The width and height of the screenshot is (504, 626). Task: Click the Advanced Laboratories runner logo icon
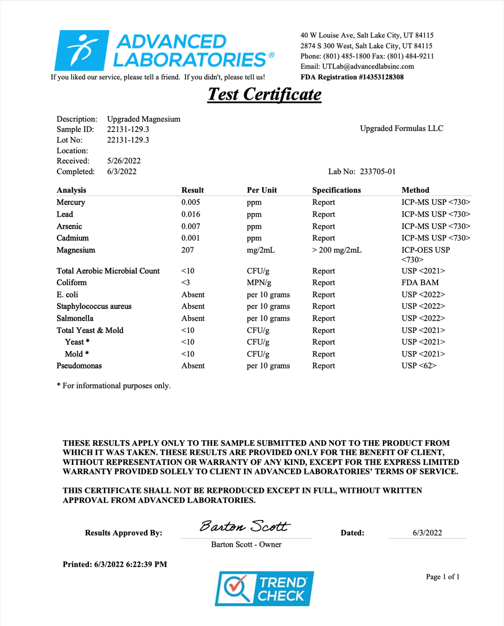point(81,50)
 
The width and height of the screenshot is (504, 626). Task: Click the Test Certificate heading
point(264,94)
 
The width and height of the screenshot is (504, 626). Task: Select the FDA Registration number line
point(352,77)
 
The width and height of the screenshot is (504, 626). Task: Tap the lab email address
point(368,66)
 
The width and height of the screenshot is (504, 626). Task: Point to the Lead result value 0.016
point(190,214)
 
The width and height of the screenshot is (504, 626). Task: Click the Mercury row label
point(71,202)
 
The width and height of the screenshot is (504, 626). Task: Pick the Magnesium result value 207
point(188,250)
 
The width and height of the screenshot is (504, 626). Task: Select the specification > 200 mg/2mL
point(337,250)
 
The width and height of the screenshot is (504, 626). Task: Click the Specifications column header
point(336,190)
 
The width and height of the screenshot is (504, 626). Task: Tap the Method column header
point(415,190)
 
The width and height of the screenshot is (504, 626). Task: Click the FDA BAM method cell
point(420,283)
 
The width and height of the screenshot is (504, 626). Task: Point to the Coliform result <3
point(186,283)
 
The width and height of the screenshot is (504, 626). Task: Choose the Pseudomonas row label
point(79,366)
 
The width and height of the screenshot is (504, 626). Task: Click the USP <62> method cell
point(419,366)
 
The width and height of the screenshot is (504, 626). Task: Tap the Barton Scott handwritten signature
point(245,527)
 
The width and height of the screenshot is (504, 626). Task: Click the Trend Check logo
point(264,589)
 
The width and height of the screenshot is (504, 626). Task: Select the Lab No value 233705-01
point(378,172)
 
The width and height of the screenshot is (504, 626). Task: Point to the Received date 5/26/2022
point(124,161)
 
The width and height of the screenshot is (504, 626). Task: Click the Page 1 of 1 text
point(442,577)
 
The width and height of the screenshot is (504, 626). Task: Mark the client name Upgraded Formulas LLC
point(402,129)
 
